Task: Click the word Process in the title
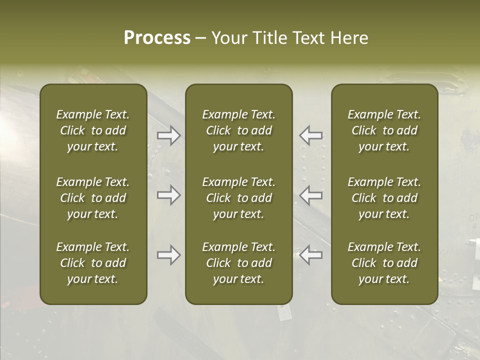tap(157, 38)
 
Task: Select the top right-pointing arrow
tap(169, 135)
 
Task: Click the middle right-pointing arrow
tap(169, 194)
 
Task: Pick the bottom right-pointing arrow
tap(169, 255)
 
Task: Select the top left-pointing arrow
tap(311, 135)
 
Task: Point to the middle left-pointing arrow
tap(311, 194)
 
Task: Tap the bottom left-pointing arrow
tap(311, 255)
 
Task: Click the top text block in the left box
tap(93, 130)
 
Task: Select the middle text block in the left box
tap(93, 198)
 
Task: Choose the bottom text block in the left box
tap(93, 263)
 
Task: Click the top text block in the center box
tap(239, 130)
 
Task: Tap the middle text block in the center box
tap(239, 198)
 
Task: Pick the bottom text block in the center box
tap(239, 263)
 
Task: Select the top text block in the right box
tap(384, 130)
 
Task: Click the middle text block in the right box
tap(384, 198)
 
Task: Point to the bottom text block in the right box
tap(384, 263)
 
